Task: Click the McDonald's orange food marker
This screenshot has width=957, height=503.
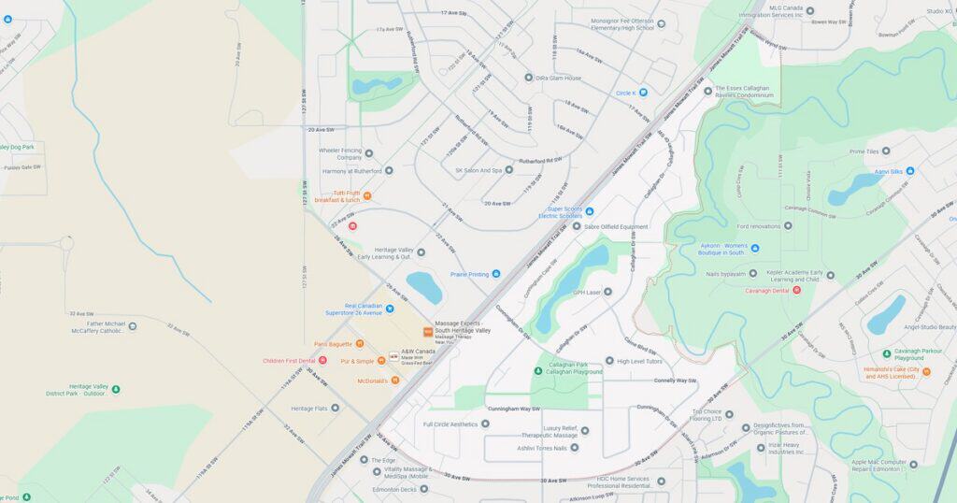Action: click(x=395, y=381)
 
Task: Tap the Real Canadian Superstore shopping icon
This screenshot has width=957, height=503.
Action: click(x=390, y=309)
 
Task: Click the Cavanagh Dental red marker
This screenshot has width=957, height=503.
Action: click(x=796, y=290)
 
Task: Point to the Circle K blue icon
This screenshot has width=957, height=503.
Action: click(x=643, y=93)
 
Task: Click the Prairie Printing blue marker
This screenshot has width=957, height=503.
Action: click(x=496, y=274)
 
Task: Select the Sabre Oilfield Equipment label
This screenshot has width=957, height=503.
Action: click(x=616, y=226)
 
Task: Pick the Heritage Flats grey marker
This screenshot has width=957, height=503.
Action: click(x=335, y=408)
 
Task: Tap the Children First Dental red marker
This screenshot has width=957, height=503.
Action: click(x=322, y=360)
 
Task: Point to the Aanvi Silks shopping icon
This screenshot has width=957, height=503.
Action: click(x=910, y=171)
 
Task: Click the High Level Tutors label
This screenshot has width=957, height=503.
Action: click(x=639, y=361)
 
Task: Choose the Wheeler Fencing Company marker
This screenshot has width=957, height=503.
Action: click(x=368, y=153)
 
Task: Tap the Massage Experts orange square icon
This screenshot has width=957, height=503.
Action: click(x=428, y=331)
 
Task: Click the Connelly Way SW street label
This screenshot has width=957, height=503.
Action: click(x=675, y=381)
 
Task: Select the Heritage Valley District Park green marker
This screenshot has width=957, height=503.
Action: click(x=115, y=388)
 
